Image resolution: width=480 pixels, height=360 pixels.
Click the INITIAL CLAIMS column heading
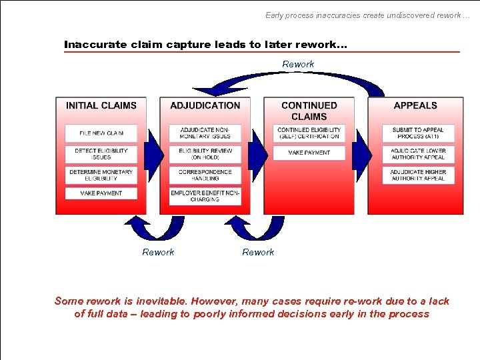click(x=101, y=105)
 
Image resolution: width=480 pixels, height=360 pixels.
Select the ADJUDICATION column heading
click(x=205, y=105)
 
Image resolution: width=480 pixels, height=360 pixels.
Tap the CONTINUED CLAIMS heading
click(x=309, y=111)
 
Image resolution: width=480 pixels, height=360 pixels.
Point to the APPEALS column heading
click(x=415, y=105)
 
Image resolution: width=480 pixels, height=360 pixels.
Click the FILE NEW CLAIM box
click(x=101, y=133)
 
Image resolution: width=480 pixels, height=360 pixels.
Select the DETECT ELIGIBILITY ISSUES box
click(x=101, y=154)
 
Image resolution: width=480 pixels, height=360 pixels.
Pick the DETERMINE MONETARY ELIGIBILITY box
click(x=101, y=175)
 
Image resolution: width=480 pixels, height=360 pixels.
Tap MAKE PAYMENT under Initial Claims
click(x=101, y=193)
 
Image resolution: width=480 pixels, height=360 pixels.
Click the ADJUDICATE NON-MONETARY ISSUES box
click(x=205, y=133)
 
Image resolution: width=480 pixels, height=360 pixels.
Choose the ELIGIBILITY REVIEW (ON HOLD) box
click(x=205, y=154)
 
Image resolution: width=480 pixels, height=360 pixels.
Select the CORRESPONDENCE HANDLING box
click(x=205, y=175)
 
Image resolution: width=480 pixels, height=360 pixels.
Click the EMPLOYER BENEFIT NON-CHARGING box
click(x=205, y=196)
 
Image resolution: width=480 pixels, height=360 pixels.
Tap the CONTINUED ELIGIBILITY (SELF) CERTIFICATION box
click(x=309, y=133)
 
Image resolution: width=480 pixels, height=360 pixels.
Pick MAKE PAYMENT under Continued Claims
click(x=309, y=153)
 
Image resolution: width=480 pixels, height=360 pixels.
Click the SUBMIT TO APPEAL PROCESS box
click(x=418, y=133)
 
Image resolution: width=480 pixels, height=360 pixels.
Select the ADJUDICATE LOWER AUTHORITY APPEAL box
click(x=418, y=154)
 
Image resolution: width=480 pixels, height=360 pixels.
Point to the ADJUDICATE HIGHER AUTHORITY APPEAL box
click(x=418, y=175)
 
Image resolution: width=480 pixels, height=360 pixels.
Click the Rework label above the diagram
click(x=298, y=64)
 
